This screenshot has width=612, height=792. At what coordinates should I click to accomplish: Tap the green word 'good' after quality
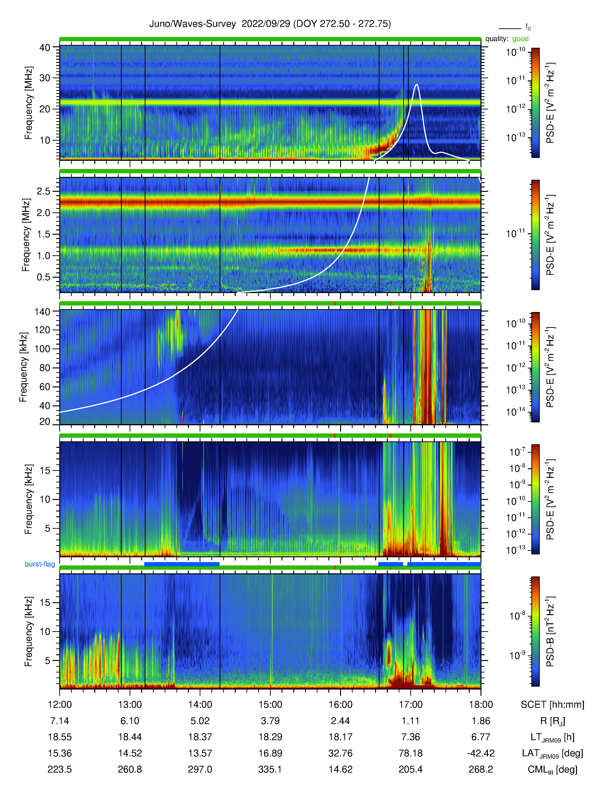pyautogui.click(x=520, y=39)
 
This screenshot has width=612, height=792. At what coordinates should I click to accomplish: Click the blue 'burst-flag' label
pyautogui.click(x=40, y=564)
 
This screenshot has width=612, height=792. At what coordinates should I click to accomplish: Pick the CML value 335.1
pyautogui.click(x=270, y=769)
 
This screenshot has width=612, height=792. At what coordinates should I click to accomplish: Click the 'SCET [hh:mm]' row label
pyautogui.click(x=552, y=705)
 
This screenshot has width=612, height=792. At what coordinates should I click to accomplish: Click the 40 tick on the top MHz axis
pyautogui.click(x=45, y=48)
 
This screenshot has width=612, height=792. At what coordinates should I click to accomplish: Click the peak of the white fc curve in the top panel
pyautogui.click(x=417, y=84)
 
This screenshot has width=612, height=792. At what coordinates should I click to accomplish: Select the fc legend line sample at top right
pyautogui.click(x=510, y=28)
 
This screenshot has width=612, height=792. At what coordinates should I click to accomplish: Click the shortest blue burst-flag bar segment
pyautogui.click(x=390, y=564)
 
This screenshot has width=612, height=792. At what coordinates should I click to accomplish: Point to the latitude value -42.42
pyautogui.click(x=481, y=753)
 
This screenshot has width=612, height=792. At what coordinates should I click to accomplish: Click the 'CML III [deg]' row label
pyautogui.click(x=552, y=769)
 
